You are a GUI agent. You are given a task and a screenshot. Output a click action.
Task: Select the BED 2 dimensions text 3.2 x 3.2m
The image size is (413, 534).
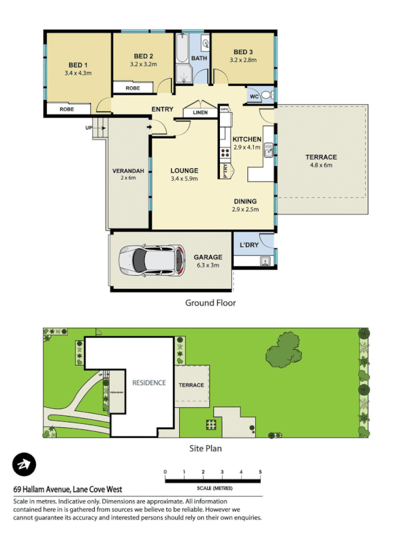pyautogui.click(x=143, y=65)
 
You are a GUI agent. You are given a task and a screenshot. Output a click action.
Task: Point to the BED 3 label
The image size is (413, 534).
pyautogui.click(x=243, y=51)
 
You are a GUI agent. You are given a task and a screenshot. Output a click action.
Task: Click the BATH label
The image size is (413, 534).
pyautogui.click(x=199, y=59)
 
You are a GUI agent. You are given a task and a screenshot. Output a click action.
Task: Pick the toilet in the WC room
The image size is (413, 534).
pyautogui.click(x=265, y=95)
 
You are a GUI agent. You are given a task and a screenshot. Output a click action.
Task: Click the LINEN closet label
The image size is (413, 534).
pyautogui.click(x=200, y=113)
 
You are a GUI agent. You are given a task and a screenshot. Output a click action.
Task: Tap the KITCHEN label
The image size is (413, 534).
pyautogui.click(x=247, y=139)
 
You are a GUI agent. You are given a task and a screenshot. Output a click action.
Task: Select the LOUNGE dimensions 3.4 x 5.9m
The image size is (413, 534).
pyautogui.click(x=184, y=179)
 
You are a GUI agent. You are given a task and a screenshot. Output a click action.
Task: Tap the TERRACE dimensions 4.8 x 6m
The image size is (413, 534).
pyautogui.click(x=321, y=165)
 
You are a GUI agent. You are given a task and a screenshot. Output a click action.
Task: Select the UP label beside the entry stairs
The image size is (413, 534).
pyautogui.click(x=88, y=127)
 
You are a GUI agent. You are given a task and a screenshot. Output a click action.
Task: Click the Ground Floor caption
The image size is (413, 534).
pyautogui.click(x=211, y=302)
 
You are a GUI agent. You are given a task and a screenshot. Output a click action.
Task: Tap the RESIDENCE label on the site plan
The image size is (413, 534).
pyautogui.click(x=148, y=382)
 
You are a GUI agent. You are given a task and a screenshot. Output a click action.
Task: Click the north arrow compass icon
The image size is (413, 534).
pyautogui.click(x=25, y=465)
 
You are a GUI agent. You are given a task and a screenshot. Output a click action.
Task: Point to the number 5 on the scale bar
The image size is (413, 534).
pyautogui.click(x=260, y=473)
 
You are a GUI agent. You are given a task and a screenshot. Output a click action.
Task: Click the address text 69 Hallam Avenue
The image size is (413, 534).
pyautogui.click(x=47, y=489)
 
